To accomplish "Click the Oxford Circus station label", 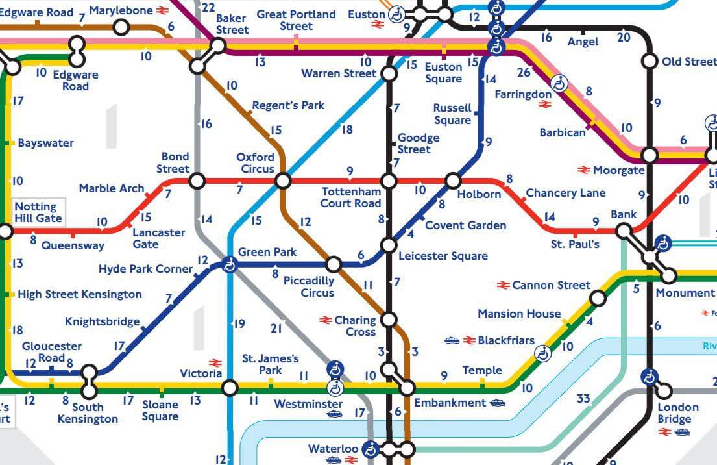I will tap(255, 162).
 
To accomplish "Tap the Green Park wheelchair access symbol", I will tap(229, 264).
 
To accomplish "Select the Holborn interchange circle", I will tap(453, 181).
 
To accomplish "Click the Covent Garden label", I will tap(465, 225).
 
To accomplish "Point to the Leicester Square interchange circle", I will tap(389, 245).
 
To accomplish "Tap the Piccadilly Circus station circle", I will tap(333, 264).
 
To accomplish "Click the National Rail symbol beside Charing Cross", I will tap(326, 320).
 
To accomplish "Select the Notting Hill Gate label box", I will tap(39, 212).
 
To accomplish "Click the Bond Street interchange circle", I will tap(197, 181).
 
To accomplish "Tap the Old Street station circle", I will tap(649, 61).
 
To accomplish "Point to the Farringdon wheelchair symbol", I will tap(559, 83).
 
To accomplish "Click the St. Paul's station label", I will tap(575, 244).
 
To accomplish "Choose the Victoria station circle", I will tap(229, 388).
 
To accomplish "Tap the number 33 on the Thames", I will tap(583, 398).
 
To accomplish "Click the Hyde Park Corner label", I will tap(145, 269).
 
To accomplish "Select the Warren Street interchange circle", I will tap(389, 74).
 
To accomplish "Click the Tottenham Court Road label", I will tap(350, 197).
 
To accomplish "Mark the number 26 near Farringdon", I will tap(524, 72).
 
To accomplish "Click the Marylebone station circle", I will tap(121, 27).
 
